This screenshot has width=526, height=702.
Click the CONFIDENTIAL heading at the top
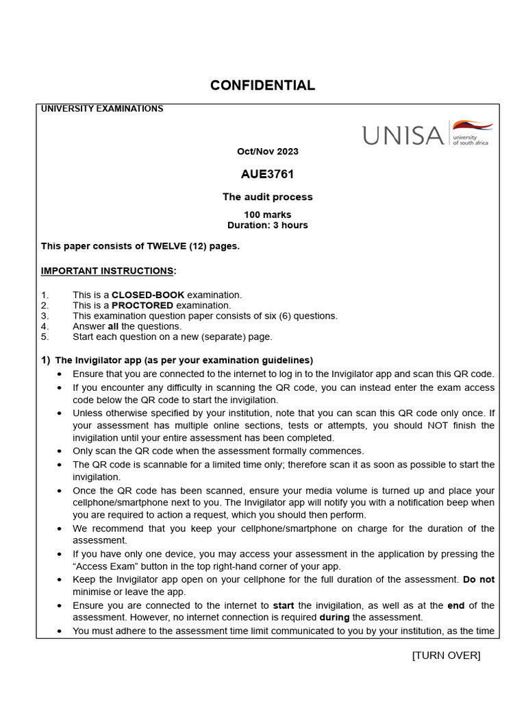tap(262, 86)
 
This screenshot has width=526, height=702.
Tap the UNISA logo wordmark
tap(403, 136)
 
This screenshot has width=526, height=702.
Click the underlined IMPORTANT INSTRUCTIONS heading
tap(107, 271)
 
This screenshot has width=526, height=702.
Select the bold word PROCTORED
tap(142, 305)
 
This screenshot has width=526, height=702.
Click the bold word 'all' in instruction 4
tap(114, 326)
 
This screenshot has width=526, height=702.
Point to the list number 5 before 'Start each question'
tap(44, 337)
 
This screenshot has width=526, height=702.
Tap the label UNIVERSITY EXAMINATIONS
tap(102, 108)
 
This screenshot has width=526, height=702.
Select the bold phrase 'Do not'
tap(478, 579)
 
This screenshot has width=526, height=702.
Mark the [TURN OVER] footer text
tap(446, 655)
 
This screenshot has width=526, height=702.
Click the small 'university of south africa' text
tap(470, 139)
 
